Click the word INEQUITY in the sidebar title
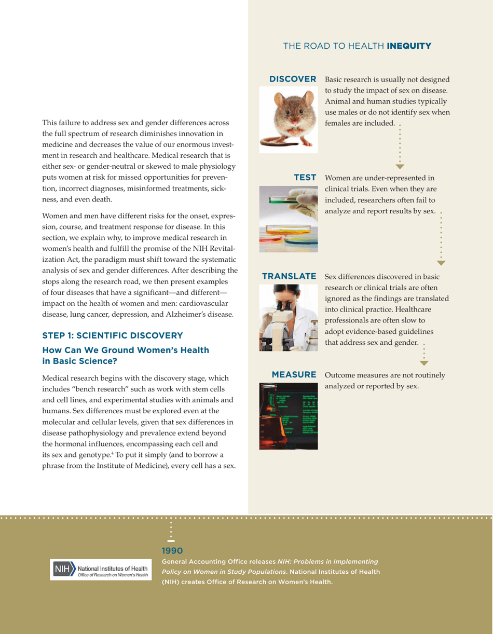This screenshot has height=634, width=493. [x=408, y=46]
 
